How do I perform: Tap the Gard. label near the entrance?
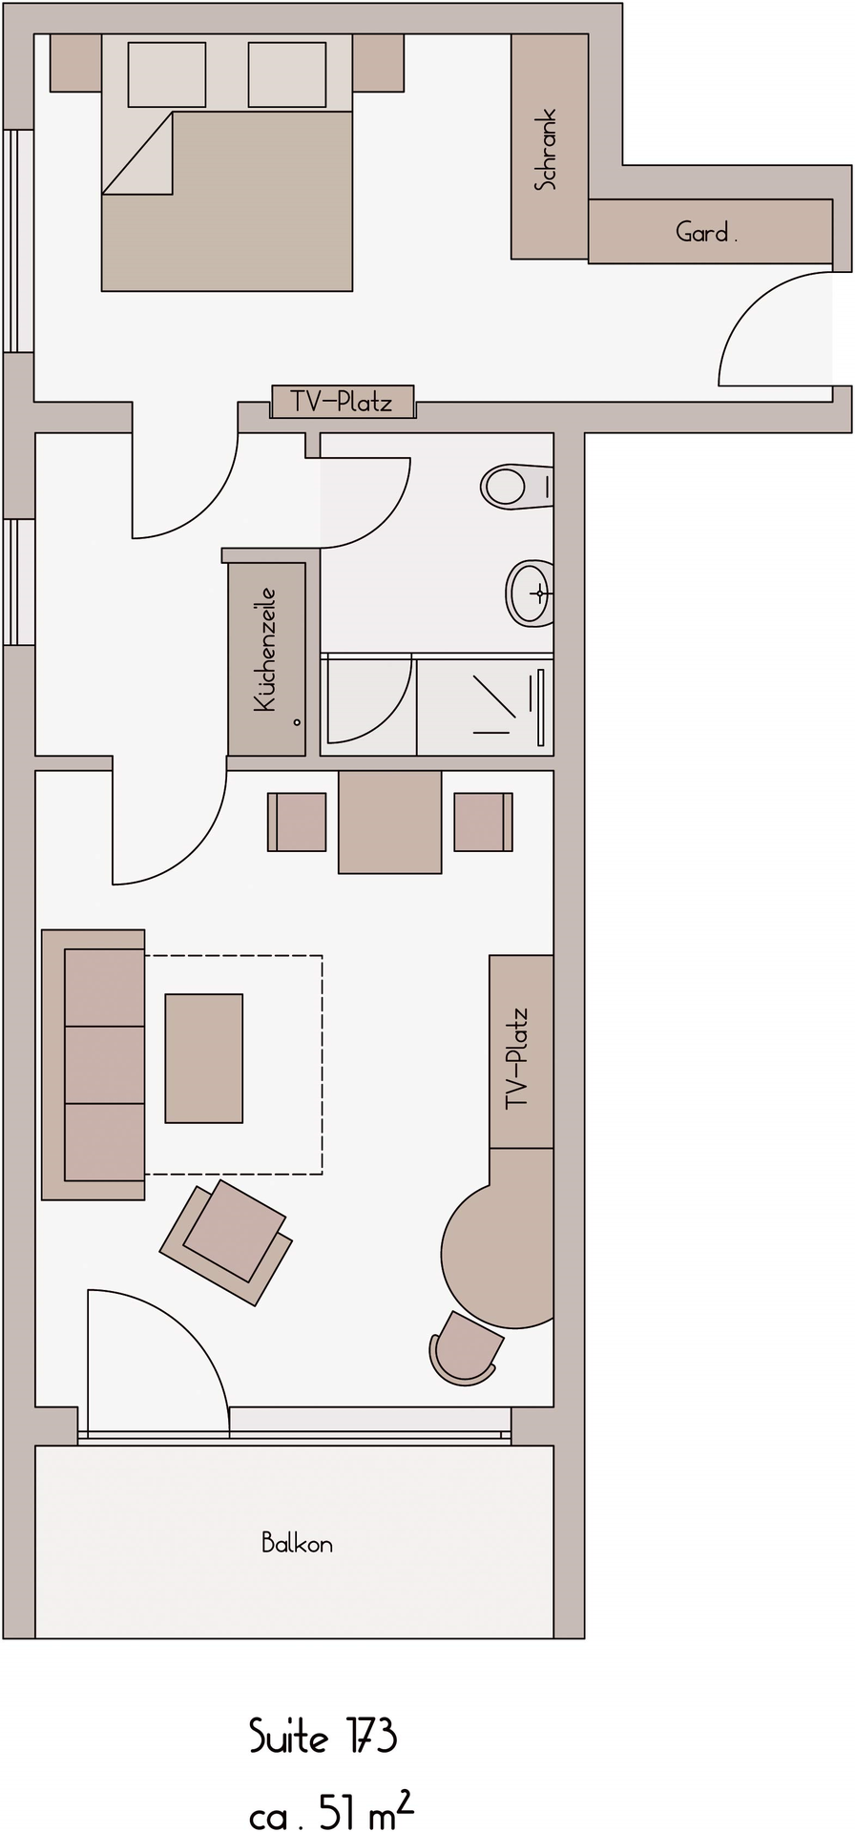[x=706, y=232]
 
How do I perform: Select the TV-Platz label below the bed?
[x=342, y=403]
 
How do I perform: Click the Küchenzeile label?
[x=264, y=649]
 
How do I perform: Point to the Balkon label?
[x=298, y=1543]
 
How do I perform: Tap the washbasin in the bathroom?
[x=531, y=593]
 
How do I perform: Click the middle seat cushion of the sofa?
[x=104, y=1065]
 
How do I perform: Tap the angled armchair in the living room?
[x=227, y=1241]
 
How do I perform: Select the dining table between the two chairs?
[x=389, y=822]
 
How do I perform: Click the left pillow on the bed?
[x=166, y=74]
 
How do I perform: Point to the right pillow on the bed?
[x=287, y=74]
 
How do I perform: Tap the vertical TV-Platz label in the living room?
[x=517, y=1058]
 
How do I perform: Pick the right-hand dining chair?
[x=483, y=822]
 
